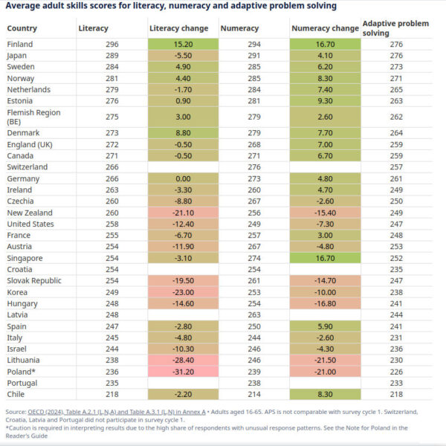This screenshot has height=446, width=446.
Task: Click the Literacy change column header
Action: (x=175, y=28)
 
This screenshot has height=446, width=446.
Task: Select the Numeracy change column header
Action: (x=325, y=28)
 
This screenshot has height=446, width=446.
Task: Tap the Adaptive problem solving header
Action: (x=395, y=28)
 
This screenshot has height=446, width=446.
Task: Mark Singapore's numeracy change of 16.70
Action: (x=325, y=258)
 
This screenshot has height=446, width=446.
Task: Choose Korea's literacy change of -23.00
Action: (x=183, y=292)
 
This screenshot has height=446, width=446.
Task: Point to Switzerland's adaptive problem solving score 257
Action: (x=395, y=167)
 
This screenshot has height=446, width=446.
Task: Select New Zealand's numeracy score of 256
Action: (x=254, y=213)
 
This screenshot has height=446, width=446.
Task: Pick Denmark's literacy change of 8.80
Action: (x=183, y=133)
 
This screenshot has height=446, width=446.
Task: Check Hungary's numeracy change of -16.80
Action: (x=325, y=303)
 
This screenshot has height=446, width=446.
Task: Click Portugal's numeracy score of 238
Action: (x=254, y=383)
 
